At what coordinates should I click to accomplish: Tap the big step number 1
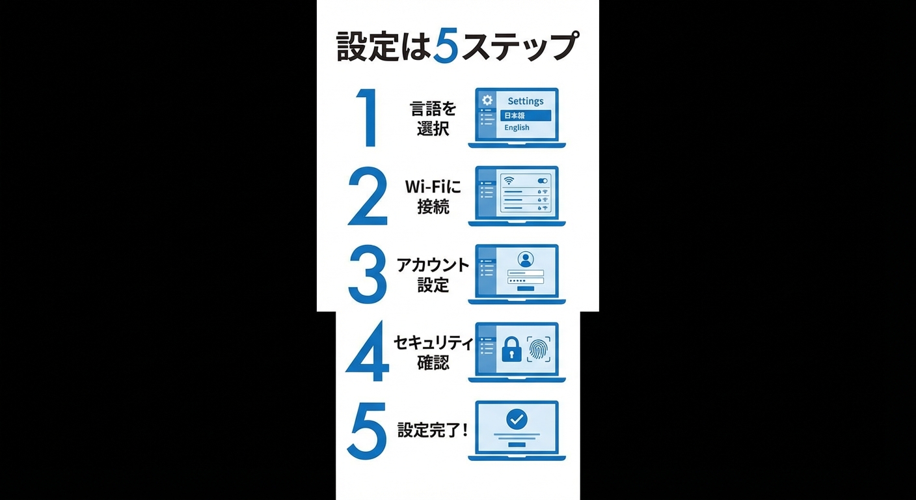[368, 118]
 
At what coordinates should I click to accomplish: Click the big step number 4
[368, 353]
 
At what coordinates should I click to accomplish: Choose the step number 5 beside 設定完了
[368, 431]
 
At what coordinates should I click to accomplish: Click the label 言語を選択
[433, 118]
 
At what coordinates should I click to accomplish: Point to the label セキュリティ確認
[433, 352]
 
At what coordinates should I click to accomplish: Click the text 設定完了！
[433, 430]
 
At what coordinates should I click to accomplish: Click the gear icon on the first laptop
[487, 100]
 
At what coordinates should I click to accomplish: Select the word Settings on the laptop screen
[525, 101]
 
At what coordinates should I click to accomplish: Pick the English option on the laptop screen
[517, 128]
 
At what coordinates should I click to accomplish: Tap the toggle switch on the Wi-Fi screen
[542, 180]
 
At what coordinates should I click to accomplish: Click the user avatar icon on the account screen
[525, 258]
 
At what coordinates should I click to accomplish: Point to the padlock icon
[511, 350]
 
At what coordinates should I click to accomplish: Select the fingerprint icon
[539, 349]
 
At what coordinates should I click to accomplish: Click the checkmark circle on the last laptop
[517, 419]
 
